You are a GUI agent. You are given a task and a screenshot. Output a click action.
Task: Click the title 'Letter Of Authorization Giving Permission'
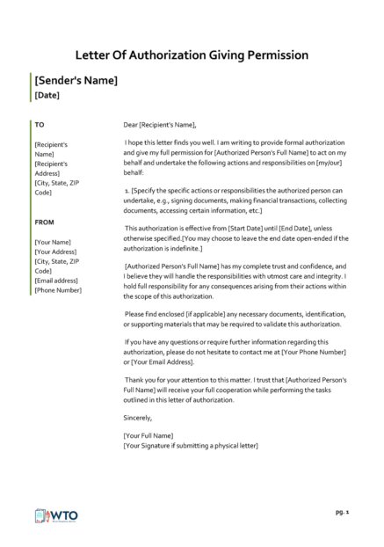pos(192,55)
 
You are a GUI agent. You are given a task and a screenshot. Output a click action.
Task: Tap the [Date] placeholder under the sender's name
pos(48,95)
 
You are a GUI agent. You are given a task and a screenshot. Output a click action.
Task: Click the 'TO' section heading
pos(40,124)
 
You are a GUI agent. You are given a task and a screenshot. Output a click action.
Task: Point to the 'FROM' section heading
pos(44,222)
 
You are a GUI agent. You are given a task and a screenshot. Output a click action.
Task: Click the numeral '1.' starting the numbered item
pos(127,190)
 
